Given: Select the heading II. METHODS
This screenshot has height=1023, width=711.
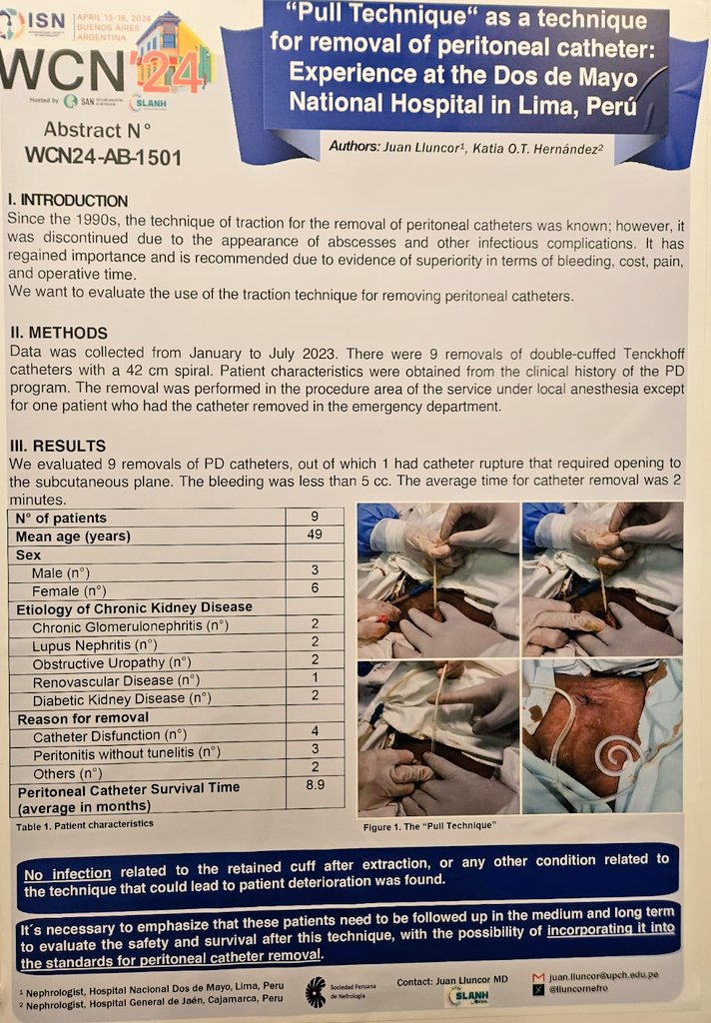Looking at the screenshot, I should click(x=58, y=333).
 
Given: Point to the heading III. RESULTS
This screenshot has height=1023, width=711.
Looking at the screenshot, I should click(x=57, y=446).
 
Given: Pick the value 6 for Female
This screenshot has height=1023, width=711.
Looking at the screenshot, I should click(x=315, y=589).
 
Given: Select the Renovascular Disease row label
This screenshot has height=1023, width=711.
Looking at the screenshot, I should click(x=117, y=680).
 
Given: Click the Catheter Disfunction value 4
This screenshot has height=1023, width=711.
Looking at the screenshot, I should click(x=315, y=734).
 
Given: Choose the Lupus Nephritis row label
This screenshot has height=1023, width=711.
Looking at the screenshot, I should click(x=94, y=644).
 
